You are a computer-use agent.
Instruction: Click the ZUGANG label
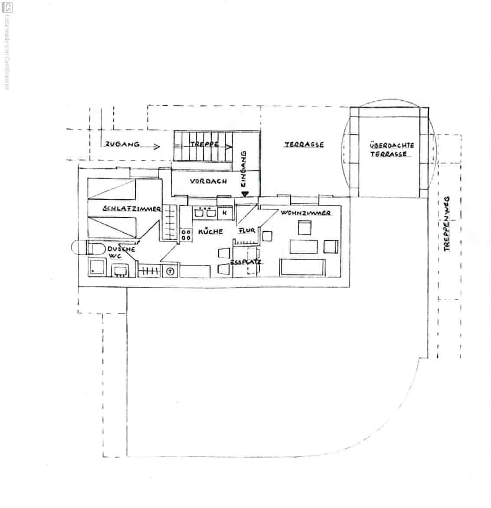[x=122, y=145]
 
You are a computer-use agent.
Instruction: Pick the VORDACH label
[x=208, y=181]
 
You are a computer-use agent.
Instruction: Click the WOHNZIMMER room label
[x=306, y=213]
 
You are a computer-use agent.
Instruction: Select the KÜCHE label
[x=210, y=232]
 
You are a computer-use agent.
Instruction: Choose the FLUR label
[x=247, y=231]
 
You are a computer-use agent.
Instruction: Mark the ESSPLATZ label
[x=245, y=262]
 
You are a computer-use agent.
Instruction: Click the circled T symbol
[x=170, y=272]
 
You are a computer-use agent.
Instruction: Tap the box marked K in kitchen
[x=225, y=213]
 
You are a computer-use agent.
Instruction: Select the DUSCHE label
[x=121, y=249]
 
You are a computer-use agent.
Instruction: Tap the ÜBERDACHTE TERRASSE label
[x=392, y=150]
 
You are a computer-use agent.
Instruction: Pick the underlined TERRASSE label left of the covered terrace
[x=304, y=145]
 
